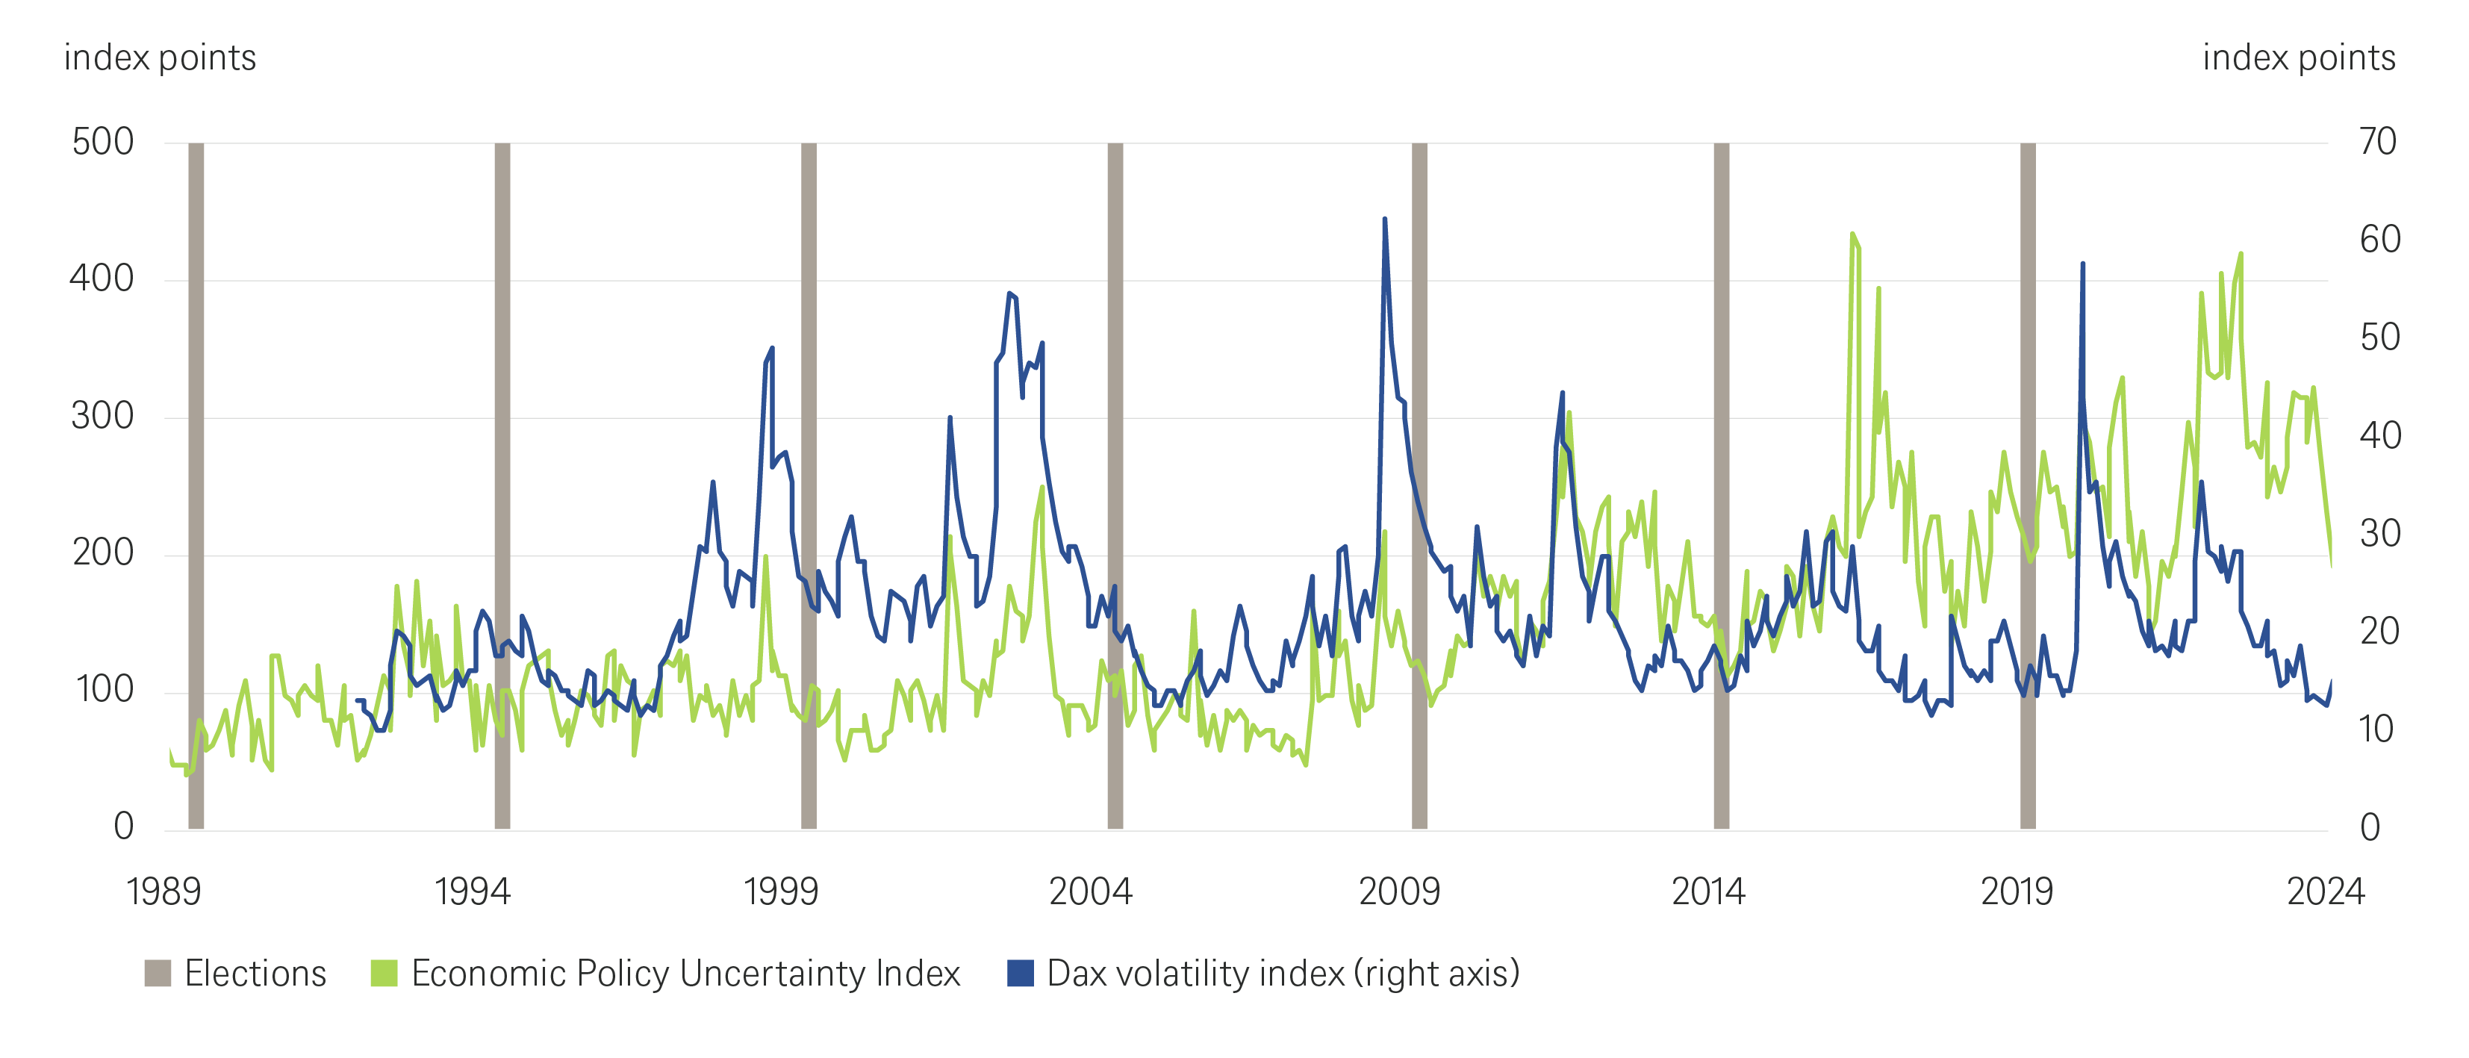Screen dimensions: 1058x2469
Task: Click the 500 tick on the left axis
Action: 102,142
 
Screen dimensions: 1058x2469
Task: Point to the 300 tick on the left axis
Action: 102,416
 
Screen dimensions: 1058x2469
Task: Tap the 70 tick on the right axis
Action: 2378,142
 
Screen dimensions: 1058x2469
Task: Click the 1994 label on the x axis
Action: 472,892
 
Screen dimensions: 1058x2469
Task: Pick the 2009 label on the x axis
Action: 1399,892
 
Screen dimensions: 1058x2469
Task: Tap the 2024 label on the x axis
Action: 2325,892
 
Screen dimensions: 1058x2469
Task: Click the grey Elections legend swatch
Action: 158,974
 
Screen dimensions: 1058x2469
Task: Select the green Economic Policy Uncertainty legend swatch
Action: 384,974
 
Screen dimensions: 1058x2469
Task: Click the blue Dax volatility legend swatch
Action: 1020,974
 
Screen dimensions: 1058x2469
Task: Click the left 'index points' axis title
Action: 160,58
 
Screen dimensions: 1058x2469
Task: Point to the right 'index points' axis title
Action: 2298,58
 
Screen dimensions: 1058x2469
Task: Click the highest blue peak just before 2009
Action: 1384,220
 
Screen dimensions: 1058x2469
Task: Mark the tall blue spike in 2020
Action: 2082,264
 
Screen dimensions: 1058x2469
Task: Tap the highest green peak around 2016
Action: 1853,234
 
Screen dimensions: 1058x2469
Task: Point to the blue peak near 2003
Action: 1009,293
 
